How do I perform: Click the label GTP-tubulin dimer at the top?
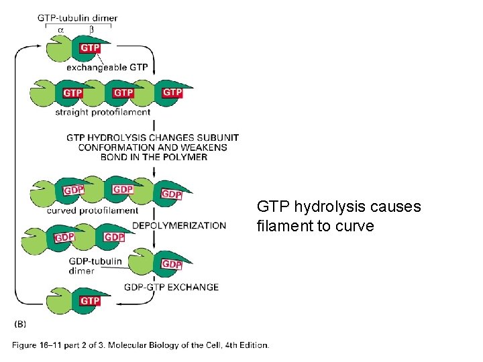point(77,17)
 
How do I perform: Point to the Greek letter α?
point(61,29)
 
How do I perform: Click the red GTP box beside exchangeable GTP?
point(91,48)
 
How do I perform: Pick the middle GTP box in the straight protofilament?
point(123,93)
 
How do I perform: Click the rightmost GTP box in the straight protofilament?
point(172,92)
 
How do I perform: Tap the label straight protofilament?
point(103,112)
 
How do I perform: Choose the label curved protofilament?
point(93,210)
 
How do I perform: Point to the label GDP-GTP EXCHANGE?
point(171,287)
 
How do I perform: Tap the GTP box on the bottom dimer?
point(90,301)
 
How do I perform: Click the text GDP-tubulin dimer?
point(95,265)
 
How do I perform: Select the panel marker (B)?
point(20,323)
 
